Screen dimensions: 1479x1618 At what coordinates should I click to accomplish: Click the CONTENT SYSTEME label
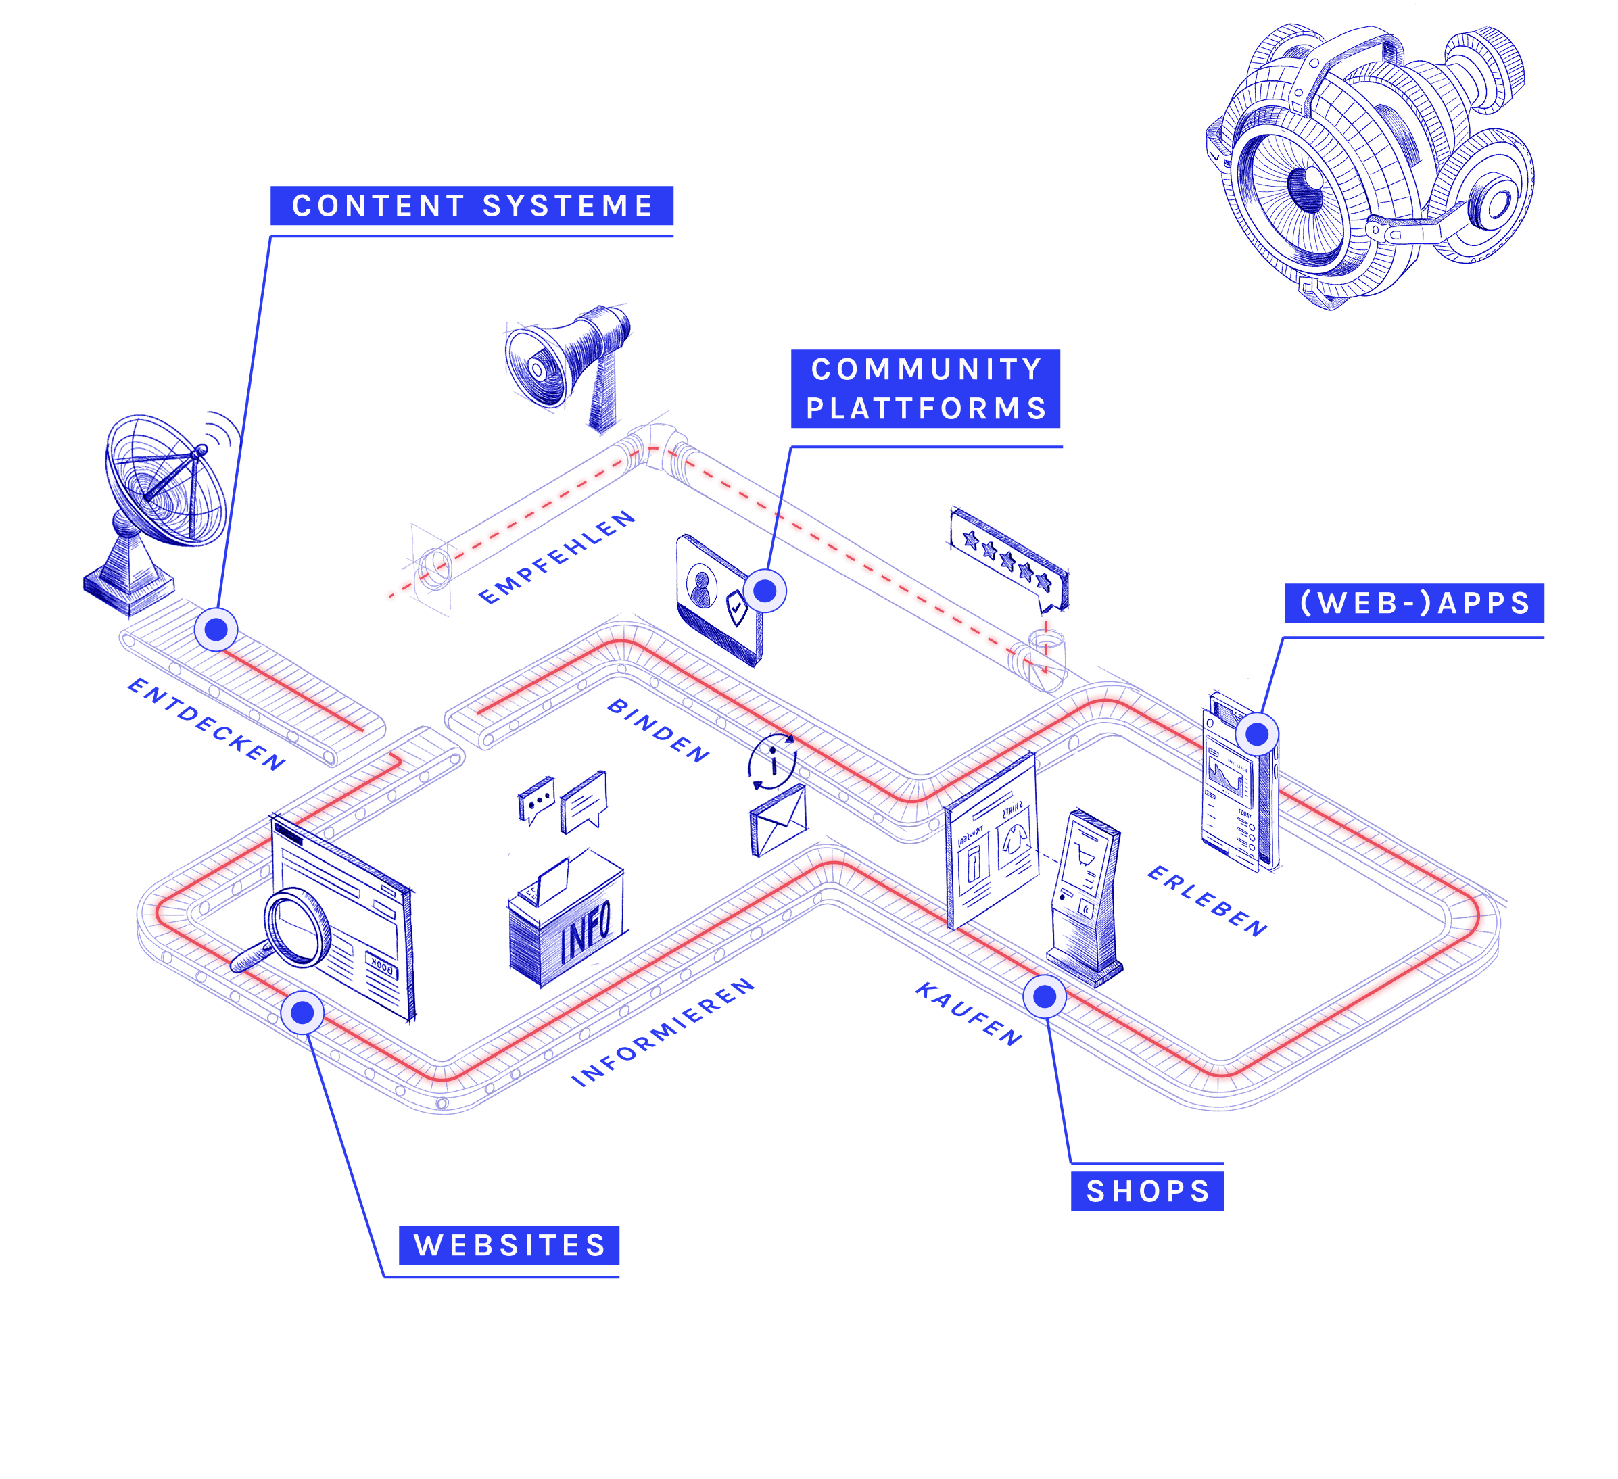pos(472,206)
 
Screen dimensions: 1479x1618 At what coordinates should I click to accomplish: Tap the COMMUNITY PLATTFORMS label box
pos(926,389)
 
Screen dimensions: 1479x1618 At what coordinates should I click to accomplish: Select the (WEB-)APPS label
pos(1414,604)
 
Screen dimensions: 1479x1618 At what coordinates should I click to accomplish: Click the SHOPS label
pos(1147,1191)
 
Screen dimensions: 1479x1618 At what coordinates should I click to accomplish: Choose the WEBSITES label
pos(509,1246)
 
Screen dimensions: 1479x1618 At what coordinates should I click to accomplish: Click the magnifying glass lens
pos(297,927)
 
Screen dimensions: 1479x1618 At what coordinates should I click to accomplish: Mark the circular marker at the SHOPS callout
pos(1044,996)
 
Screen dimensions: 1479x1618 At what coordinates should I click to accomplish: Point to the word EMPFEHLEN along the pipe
pos(556,558)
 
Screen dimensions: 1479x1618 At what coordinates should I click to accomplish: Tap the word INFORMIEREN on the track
pos(664,1032)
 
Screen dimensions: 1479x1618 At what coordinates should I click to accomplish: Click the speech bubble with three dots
pos(537,799)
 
